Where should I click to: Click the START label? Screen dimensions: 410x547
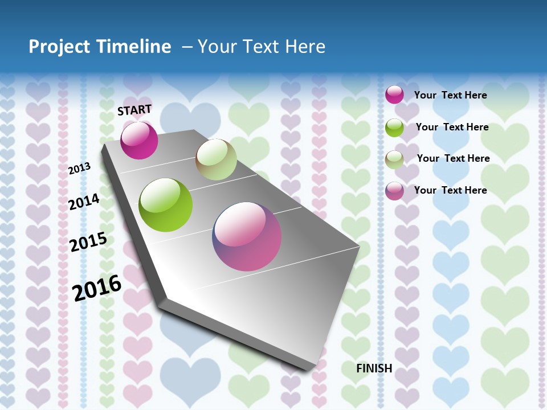134,110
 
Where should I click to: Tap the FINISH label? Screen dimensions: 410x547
374,368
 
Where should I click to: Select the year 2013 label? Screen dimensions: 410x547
79,169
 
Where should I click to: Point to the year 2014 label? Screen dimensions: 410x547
84,202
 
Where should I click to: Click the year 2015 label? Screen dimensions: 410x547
88,241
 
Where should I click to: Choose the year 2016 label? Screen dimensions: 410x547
97,288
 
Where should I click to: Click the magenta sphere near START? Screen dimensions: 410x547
139,140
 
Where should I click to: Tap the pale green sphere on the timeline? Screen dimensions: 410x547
216,159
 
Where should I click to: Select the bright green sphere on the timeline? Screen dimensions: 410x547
165,205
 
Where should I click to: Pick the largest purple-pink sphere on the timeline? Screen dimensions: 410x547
247,236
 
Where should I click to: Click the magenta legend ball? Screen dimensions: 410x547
394,95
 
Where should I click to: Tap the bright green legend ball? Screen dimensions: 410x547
394,128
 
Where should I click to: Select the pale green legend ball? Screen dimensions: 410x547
394,159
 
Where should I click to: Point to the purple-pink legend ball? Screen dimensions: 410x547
394,191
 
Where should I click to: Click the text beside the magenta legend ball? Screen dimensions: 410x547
450,95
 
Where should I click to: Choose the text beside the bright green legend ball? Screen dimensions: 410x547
452,127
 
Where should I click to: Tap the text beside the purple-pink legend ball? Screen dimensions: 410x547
450,190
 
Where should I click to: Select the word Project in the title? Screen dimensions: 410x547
58,47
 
